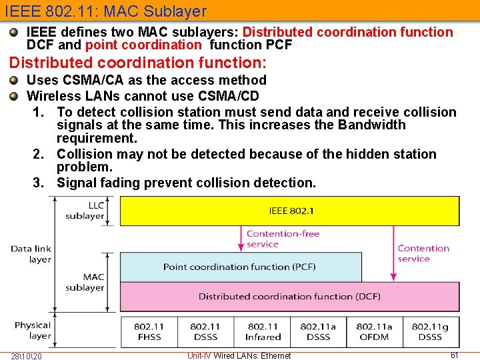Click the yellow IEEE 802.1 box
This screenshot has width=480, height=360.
[289, 211]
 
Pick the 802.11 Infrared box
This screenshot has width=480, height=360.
[263, 331]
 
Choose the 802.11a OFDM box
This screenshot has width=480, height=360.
[374, 331]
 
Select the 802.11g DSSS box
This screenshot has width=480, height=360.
[430, 331]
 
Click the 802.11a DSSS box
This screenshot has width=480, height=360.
[318, 331]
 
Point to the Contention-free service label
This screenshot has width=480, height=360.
[283, 239]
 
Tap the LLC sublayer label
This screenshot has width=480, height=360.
[85, 211]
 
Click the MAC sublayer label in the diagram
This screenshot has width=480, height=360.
[85, 282]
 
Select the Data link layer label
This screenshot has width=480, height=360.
[31, 254]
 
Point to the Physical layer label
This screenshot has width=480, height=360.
[32, 331]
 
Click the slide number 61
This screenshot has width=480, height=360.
[455, 355]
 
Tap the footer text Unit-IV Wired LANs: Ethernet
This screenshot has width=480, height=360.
[239, 355]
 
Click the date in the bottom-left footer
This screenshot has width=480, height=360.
[26, 355]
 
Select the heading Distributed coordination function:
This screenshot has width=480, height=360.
[137, 63]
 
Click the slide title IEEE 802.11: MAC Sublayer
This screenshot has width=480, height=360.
[106, 11]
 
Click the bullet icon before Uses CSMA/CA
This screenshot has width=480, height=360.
[14, 80]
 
